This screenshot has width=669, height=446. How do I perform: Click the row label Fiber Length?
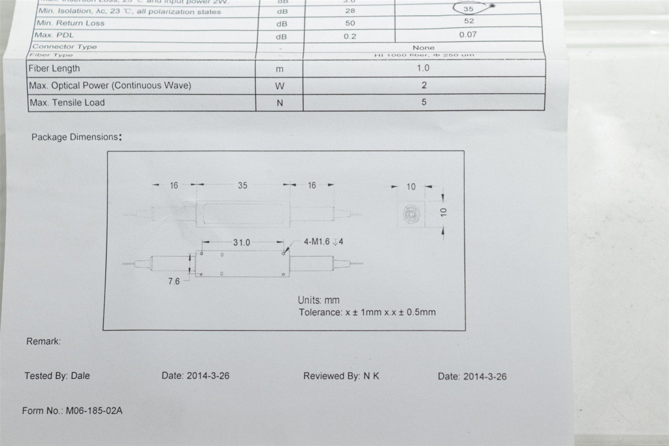tap(54, 68)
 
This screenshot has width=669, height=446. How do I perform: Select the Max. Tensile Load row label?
tap(67, 103)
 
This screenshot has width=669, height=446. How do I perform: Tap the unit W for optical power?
tap(280, 86)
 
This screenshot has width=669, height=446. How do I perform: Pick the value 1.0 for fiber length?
tap(423, 68)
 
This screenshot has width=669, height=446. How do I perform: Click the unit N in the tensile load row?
tap(280, 103)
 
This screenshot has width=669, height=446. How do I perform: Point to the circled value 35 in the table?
tap(469, 9)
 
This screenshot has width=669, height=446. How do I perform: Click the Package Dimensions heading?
tap(75, 137)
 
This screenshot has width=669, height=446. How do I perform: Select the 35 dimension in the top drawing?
tap(243, 186)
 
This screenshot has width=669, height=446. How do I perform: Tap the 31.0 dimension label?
tap(242, 242)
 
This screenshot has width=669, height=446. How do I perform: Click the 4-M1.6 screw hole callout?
tap(323, 242)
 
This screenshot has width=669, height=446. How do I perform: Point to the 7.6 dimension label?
tap(174, 281)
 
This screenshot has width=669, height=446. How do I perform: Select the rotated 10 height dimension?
tap(444, 212)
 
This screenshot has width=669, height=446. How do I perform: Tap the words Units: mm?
tap(319, 300)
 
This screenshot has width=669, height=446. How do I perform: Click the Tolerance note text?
tap(367, 312)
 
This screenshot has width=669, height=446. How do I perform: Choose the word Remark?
tap(43, 341)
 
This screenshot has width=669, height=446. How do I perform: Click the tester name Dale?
tap(81, 376)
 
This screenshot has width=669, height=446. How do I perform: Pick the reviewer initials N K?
tap(371, 376)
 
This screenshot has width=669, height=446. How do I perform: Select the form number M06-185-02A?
tap(94, 411)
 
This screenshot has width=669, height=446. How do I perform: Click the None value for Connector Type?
tap(424, 48)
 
